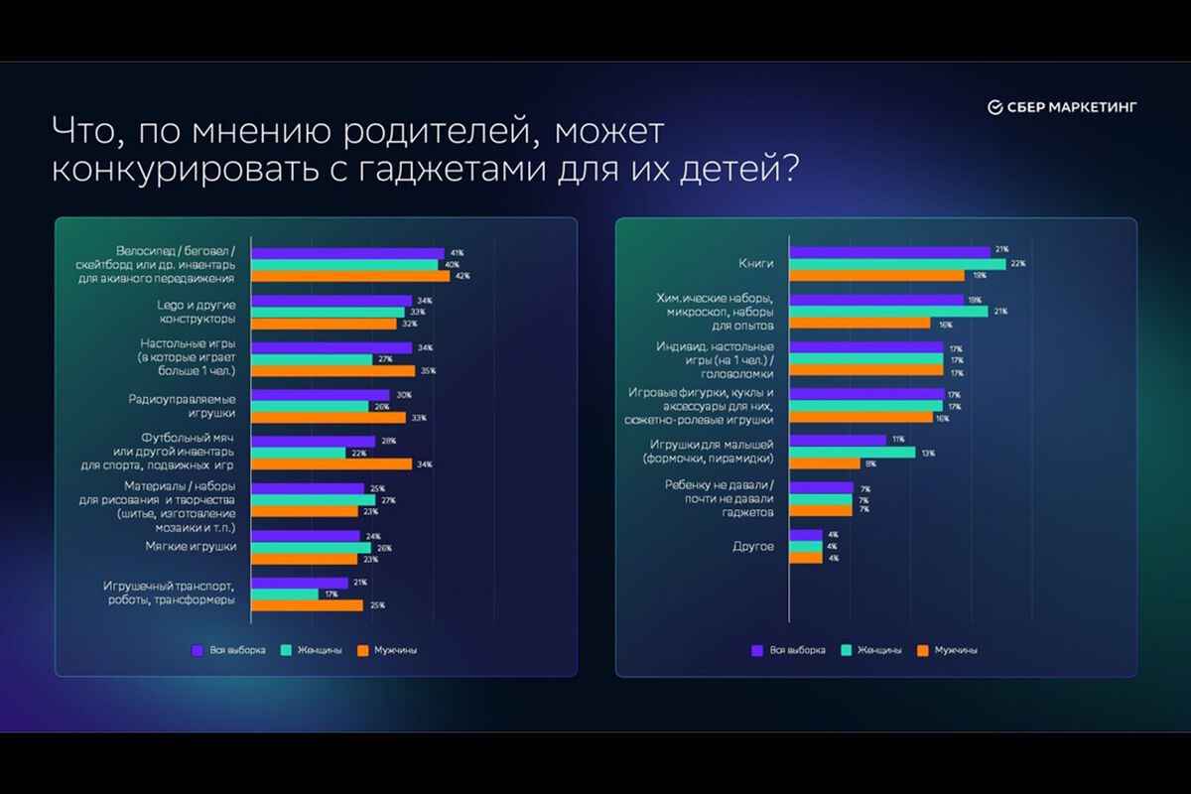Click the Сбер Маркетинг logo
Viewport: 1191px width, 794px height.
[x=1062, y=107]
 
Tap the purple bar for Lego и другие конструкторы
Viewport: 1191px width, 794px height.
[x=331, y=301]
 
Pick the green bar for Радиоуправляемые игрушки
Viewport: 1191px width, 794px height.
[x=310, y=406]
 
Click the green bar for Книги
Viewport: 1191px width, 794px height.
[x=897, y=263]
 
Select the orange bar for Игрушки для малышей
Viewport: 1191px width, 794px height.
[x=825, y=463]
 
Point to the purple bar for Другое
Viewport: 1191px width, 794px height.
[x=806, y=535]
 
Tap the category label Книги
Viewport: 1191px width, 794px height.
[x=756, y=264]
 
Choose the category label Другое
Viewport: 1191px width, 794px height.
[x=754, y=546]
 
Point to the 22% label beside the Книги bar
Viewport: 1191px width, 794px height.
[x=1018, y=264]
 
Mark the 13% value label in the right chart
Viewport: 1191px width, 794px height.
[x=928, y=453]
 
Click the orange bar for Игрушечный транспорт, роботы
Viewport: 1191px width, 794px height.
[x=307, y=604]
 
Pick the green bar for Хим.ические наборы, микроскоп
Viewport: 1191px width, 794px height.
[x=888, y=312]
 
